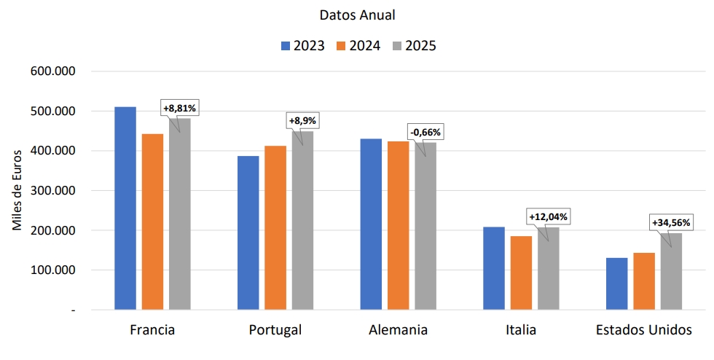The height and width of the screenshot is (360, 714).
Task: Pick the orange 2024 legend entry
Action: pyautogui.click(x=358, y=46)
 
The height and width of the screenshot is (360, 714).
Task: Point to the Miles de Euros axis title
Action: pyautogui.click(x=17, y=190)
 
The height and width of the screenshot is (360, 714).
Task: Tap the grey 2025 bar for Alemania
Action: pyautogui.click(x=425, y=226)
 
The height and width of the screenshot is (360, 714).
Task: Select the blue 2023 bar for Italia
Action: pyautogui.click(x=494, y=268)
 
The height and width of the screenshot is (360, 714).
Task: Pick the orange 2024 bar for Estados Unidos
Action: pyautogui.click(x=644, y=281)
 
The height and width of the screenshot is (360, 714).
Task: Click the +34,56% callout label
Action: pyautogui.click(x=668, y=222)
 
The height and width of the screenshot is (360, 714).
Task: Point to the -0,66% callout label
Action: pyautogui.click(x=425, y=132)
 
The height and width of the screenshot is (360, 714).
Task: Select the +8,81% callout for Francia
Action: pyautogui.click(x=180, y=108)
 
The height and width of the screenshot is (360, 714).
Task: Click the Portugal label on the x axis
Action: pyautogui.click(x=275, y=330)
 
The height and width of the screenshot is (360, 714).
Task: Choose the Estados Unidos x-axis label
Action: pyautogui.click(x=643, y=330)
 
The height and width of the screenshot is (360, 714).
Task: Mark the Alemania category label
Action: pyautogui.click(x=398, y=330)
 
